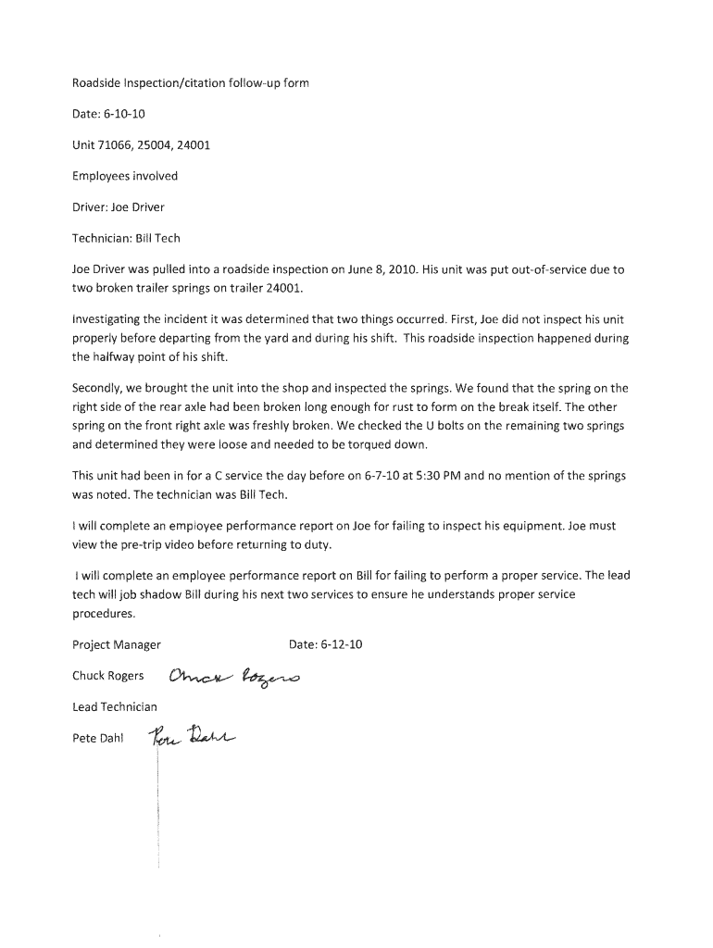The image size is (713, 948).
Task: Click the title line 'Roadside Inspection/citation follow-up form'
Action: pyautogui.click(x=190, y=83)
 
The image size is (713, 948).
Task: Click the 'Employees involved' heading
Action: pyautogui.click(x=125, y=176)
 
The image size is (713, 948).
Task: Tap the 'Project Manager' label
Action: pyautogui.click(x=117, y=644)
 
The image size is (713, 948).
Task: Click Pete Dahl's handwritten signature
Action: pyautogui.click(x=192, y=736)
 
